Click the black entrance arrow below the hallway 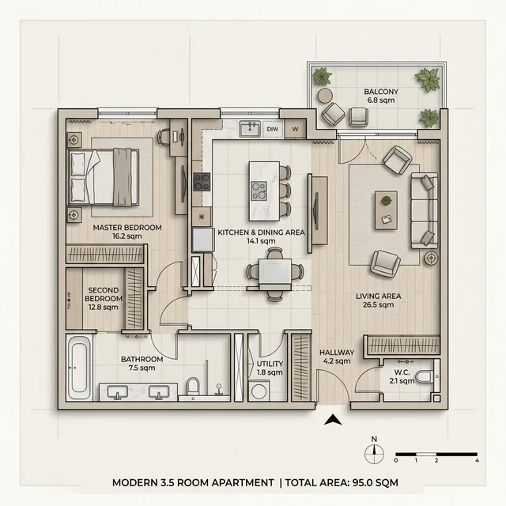tap(333, 420)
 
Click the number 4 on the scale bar tap(477, 460)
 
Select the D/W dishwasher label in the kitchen tap(273, 129)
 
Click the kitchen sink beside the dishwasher tap(250, 129)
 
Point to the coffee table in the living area tap(386, 210)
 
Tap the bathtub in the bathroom tap(79, 368)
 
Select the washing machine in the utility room tap(259, 391)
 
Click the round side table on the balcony tap(325, 96)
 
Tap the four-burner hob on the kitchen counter tap(202, 182)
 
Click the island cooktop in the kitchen tap(259, 191)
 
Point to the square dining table tap(275, 272)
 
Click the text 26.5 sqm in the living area tap(378, 304)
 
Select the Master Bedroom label tap(127, 228)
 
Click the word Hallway tap(337, 353)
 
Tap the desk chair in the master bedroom tap(164, 137)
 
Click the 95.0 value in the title tap(364, 483)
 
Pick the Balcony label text tap(381, 92)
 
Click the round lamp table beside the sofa tap(431, 258)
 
